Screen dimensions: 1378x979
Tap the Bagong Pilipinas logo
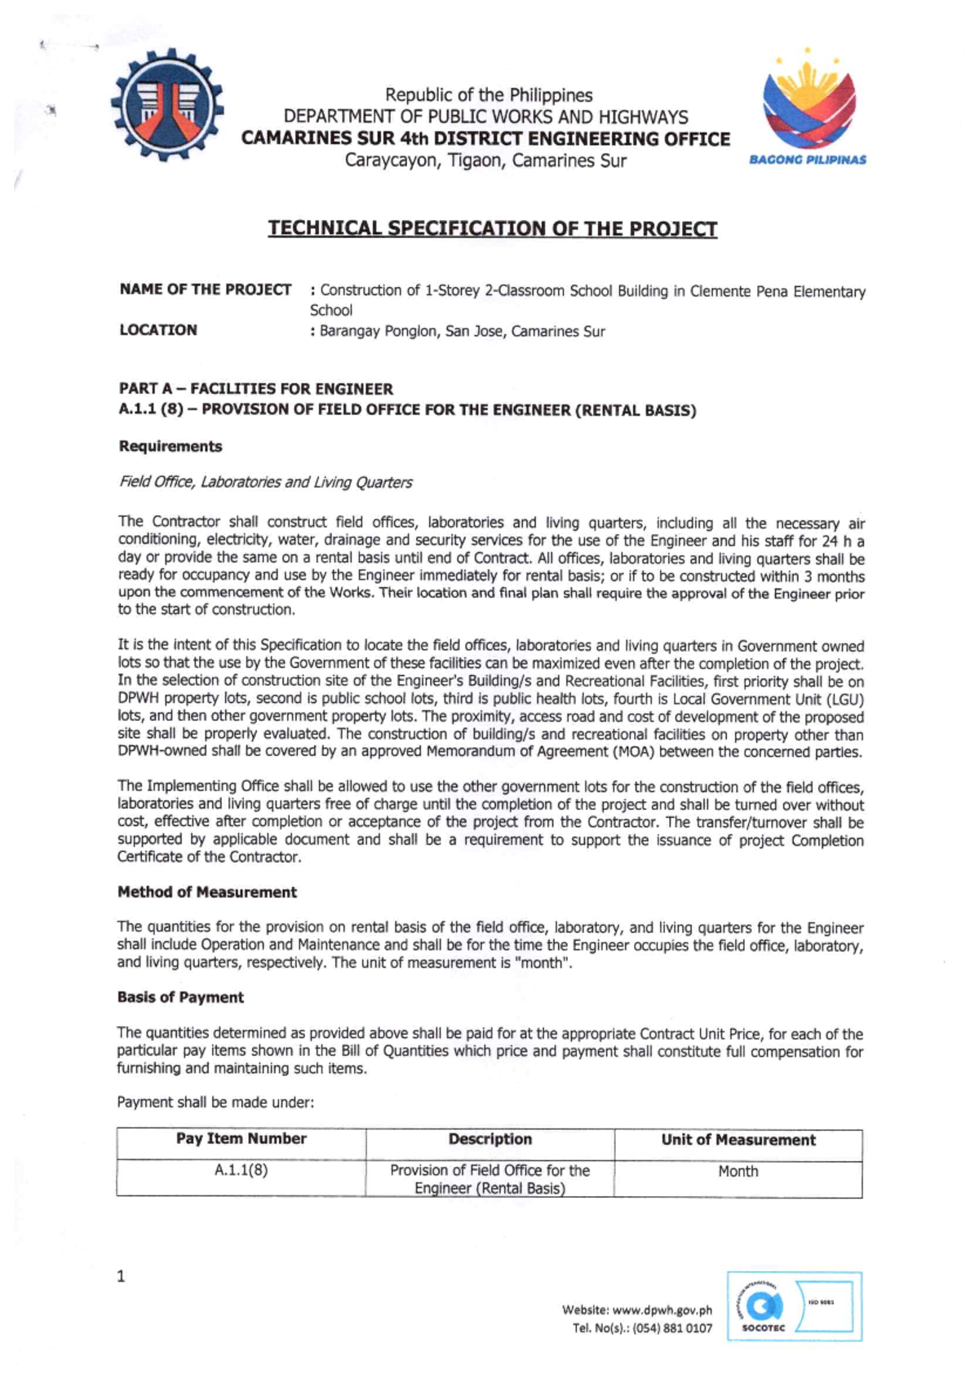click(x=808, y=106)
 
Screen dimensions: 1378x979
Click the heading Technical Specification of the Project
click(x=493, y=228)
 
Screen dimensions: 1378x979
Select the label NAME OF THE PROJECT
click(x=205, y=289)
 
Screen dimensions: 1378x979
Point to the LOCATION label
click(x=158, y=330)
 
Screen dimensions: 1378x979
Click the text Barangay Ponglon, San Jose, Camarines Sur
click(x=462, y=332)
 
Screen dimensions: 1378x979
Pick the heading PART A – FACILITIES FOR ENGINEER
click(x=255, y=389)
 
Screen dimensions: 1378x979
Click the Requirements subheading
click(x=171, y=446)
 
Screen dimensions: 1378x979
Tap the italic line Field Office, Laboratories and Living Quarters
click(x=265, y=482)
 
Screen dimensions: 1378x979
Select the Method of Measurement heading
click(x=207, y=892)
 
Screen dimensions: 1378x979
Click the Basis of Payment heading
click(x=180, y=997)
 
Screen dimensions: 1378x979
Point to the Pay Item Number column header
click(x=241, y=1139)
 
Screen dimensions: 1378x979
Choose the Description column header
click(x=489, y=1139)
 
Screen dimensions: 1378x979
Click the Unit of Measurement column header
click(x=738, y=1140)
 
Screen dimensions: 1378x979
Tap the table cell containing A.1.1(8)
click(x=241, y=1170)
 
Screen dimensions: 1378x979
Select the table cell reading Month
click(x=738, y=1171)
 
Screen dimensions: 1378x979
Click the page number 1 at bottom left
click(x=122, y=1277)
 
